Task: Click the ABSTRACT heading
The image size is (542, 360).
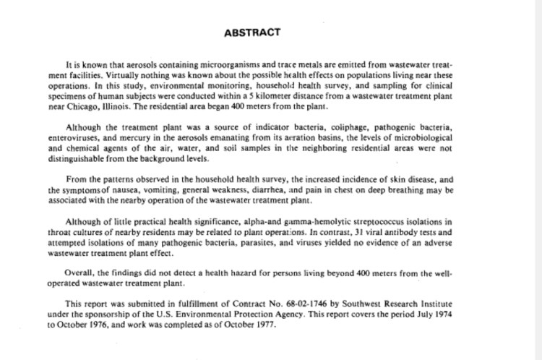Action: (247, 33)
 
